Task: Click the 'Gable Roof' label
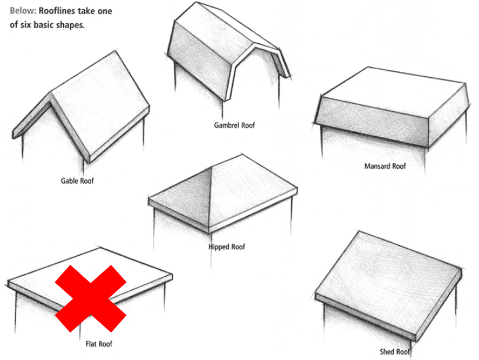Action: pyautogui.click(x=77, y=181)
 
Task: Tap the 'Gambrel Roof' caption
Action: pyautogui.click(x=234, y=125)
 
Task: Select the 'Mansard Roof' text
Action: pyautogui.click(x=385, y=166)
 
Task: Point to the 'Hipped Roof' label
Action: pyautogui.click(x=227, y=247)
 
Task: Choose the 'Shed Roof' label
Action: pyautogui.click(x=394, y=352)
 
